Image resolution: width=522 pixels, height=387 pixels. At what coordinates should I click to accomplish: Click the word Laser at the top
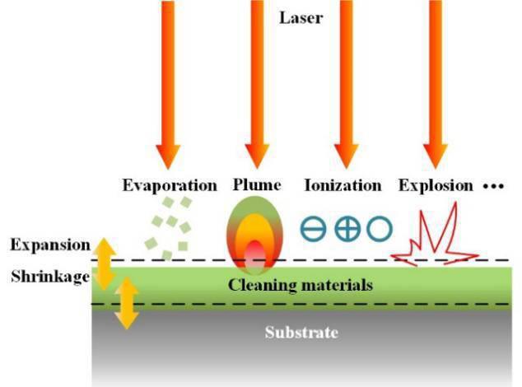301,16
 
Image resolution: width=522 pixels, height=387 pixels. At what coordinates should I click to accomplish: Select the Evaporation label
170,185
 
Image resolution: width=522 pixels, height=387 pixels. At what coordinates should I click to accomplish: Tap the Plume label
257,185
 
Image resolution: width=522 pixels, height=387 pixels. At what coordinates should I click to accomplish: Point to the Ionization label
343,185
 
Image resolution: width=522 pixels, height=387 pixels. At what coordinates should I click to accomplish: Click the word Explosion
436,185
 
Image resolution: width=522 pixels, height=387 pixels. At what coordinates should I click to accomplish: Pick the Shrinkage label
49,277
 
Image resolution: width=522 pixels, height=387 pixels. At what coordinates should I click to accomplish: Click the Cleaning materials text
301,286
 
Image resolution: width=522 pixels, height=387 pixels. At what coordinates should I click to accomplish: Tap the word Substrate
301,333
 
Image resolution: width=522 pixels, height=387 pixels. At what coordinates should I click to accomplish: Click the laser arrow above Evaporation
168,82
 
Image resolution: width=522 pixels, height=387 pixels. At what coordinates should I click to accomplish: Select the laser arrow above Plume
257,82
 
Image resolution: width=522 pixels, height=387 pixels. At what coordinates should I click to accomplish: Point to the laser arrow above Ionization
346,82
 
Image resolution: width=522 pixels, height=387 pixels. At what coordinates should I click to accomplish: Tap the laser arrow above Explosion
434,82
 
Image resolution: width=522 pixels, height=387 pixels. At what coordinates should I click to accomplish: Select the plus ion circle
347,229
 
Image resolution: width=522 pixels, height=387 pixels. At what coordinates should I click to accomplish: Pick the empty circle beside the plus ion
378,229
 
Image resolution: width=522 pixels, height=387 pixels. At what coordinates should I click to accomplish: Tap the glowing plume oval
256,235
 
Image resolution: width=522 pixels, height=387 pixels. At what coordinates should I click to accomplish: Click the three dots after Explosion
492,187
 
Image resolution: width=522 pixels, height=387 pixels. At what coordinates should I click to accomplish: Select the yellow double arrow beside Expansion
104,262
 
